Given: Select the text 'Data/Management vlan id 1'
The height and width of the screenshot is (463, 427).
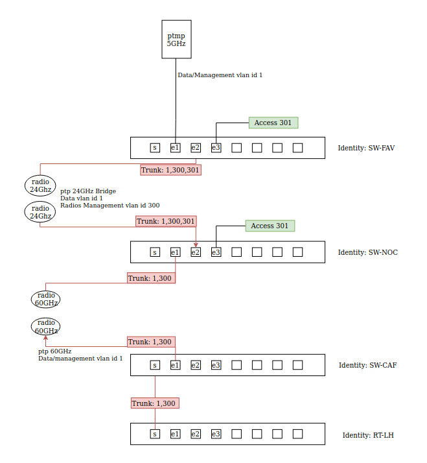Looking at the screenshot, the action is coord(220,75).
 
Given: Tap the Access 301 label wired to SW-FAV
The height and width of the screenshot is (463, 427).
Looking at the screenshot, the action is coord(273,123).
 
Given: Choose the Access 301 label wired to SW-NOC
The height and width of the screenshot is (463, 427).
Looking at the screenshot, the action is coord(270,226).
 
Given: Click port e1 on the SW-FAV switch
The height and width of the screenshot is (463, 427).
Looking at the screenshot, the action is coord(176,148).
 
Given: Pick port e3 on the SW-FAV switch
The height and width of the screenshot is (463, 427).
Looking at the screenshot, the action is coord(216,148).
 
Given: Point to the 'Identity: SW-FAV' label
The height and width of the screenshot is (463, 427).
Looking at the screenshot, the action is coord(366,148).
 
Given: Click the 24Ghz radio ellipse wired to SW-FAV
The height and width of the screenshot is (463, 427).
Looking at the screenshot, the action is coord(40,185).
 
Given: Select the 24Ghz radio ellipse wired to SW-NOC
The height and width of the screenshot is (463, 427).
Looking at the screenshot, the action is coord(40,212).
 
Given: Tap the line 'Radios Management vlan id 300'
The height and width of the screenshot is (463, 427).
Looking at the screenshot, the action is coord(110,205).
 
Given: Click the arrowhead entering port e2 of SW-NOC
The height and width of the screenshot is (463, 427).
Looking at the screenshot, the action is coord(196,245).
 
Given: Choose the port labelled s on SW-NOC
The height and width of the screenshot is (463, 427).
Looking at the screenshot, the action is coord(155,252).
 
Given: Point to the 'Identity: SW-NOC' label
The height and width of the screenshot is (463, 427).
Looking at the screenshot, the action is coord(367,252).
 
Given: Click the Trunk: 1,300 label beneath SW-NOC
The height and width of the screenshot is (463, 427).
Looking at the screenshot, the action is coord(151,278).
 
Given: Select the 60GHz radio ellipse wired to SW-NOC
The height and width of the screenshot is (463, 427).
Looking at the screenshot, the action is coord(46,299).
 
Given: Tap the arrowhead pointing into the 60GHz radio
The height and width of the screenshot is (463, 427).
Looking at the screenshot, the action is coord(46,337).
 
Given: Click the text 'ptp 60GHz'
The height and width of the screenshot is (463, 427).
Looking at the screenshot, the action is coord(55,351).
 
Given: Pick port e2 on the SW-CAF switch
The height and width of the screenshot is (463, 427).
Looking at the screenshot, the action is coord(196,365).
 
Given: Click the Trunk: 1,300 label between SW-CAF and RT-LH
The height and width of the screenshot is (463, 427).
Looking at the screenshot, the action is coord(155,403).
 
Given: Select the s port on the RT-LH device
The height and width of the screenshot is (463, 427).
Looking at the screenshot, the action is coord(155,434).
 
